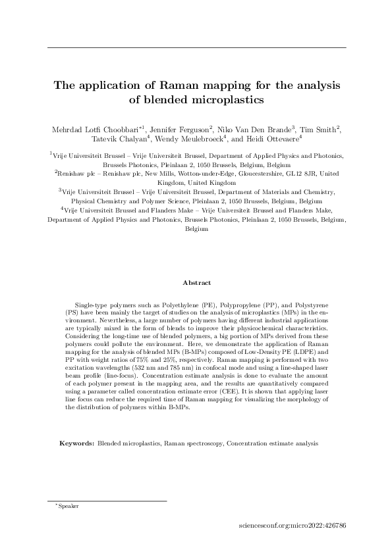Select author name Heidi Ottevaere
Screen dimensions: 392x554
coord(271,139)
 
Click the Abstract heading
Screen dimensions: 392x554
coord(197,283)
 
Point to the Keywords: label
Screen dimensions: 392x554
coord(77,443)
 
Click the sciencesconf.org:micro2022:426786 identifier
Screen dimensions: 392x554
coord(294,526)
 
